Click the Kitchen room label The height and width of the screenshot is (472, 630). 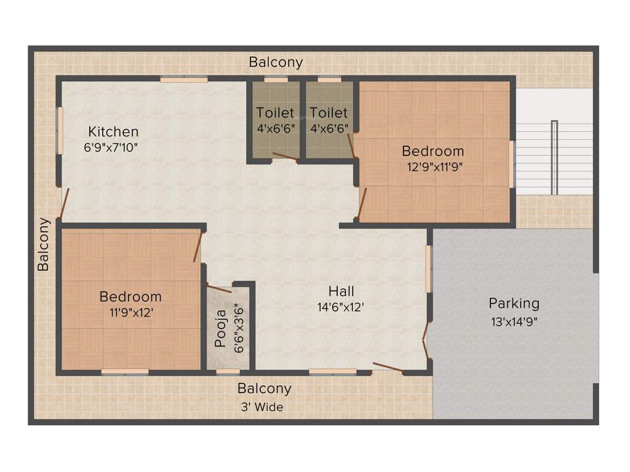[x=113, y=132]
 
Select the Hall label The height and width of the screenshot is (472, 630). [x=341, y=291]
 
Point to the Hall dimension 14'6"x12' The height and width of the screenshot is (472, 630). [x=341, y=307]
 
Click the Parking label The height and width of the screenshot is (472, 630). [x=514, y=303]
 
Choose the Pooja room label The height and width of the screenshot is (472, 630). [x=221, y=332]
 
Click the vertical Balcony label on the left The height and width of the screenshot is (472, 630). [x=43, y=245]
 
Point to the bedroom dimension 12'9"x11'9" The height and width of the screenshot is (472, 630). [x=433, y=166]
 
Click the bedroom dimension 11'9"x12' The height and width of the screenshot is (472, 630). [x=130, y=312]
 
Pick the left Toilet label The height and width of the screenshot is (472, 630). [x=275, y=113]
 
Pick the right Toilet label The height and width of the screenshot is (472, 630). [x=329, y=113]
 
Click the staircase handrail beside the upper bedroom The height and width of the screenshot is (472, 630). [x=554, y=157]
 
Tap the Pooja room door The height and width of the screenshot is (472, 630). [x=219, y=286]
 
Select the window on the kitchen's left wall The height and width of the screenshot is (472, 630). [x=60, y=131]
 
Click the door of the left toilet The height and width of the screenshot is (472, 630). [x=284, y=157]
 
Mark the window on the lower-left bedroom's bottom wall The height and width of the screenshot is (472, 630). [x=125, y=372]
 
